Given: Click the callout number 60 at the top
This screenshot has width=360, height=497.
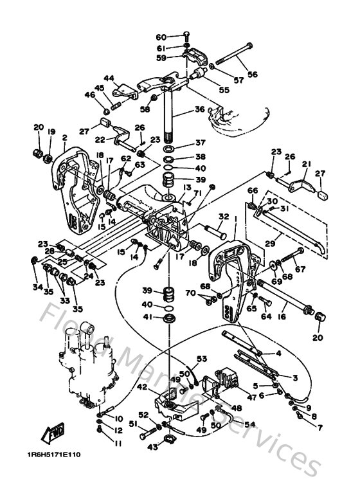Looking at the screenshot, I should coord(161,37).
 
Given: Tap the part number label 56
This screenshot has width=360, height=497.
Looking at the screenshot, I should coord(252,75).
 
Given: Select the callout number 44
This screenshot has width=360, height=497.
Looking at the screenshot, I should coord(109,78).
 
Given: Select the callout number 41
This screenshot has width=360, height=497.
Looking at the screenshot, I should coord(147,317).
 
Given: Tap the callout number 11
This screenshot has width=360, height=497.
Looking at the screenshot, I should coord(118,444).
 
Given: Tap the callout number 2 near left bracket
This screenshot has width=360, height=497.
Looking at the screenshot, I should coord(64,137).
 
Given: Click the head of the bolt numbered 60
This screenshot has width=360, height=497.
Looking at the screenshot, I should coord(186,35).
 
